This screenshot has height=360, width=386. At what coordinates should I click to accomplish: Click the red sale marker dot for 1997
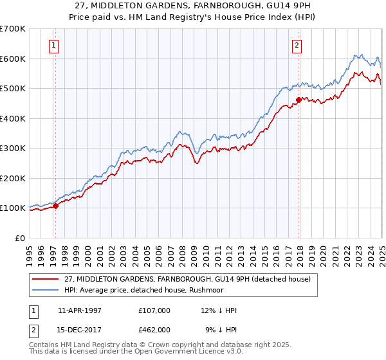(x=56, y=206)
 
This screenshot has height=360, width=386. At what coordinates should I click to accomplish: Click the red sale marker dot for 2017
(x=299, y=100)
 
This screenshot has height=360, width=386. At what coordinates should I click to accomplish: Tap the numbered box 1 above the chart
(x=52, y=45)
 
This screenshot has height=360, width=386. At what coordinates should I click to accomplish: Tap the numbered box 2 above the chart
(x=297, y=45)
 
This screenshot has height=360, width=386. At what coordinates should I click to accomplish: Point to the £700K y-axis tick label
(x=13, y=29)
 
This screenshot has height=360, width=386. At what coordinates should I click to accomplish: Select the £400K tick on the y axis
(x=13, y=118)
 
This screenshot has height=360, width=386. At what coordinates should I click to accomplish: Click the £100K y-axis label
(x=13, y=208)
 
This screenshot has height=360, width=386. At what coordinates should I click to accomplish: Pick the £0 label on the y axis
(x=21, y=238)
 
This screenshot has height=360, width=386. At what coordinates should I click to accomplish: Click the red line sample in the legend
(x=46, y=278)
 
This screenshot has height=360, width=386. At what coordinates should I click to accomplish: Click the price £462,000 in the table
(x=154, y=329)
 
